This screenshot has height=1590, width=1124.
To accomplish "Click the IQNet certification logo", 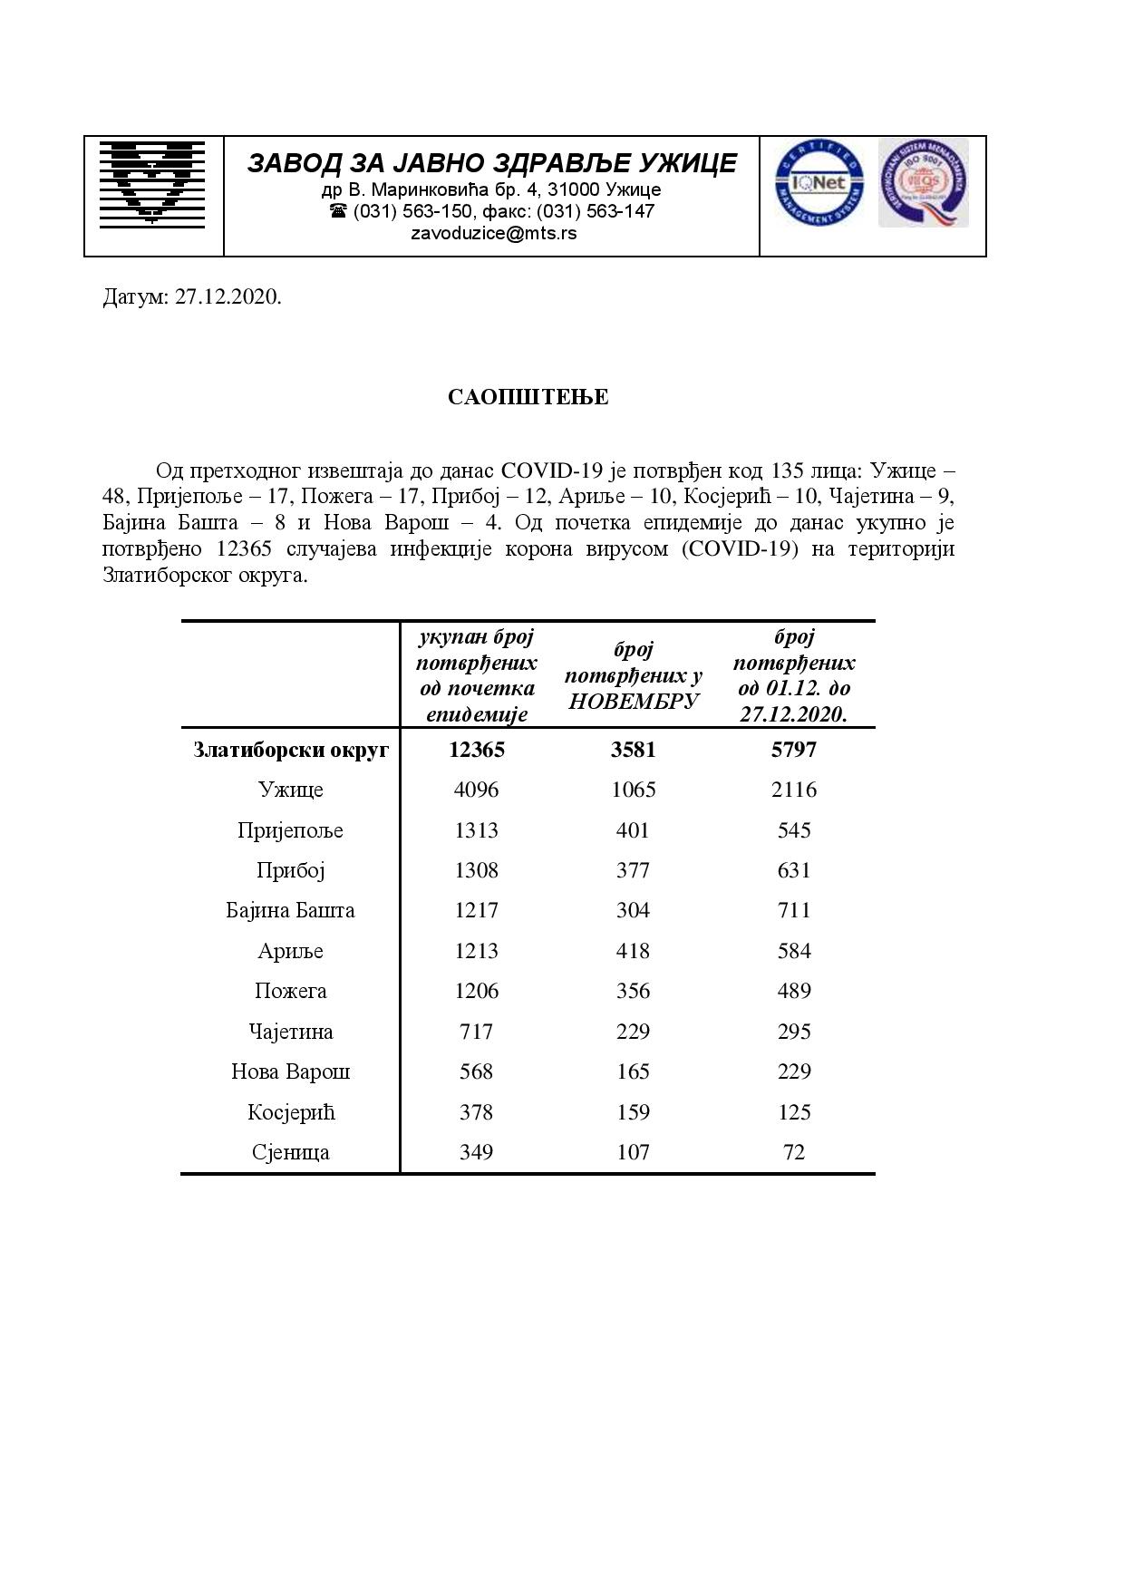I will [x=819, y=185].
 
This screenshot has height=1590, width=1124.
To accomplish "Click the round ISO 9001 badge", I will [x=923, y=183].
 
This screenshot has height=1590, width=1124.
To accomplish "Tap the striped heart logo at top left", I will [x=152, y=182].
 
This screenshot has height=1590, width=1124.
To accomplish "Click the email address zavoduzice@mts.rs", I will [x=493, y=233].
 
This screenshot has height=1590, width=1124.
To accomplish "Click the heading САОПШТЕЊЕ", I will [x=528, y=397].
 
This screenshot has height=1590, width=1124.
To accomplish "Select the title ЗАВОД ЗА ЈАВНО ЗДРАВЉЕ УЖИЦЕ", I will [x=492, y=162].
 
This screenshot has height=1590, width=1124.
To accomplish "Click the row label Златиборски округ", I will [x=291, y=750].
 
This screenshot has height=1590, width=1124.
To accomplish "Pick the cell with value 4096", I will [x=476, y=790].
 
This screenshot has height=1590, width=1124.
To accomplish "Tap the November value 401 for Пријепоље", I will [x=633, y=830].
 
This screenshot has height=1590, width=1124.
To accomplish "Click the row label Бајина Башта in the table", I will [x=291, y=910].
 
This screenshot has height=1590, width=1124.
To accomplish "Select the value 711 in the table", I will [x=794, y=910].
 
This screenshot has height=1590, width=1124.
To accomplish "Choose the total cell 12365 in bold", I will [x=476, y=750].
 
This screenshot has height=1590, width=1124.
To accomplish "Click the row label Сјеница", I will [x=291, y=1152].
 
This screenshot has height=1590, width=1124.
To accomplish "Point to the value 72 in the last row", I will [x=794, y=1152].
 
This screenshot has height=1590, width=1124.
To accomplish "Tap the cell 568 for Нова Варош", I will [x=476, y=1071].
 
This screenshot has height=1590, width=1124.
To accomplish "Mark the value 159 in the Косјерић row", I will [x=633, y=1112].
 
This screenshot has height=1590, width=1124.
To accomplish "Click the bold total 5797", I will [x=794, y=750].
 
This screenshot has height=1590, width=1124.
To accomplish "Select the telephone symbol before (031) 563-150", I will [x=338, y=211].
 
